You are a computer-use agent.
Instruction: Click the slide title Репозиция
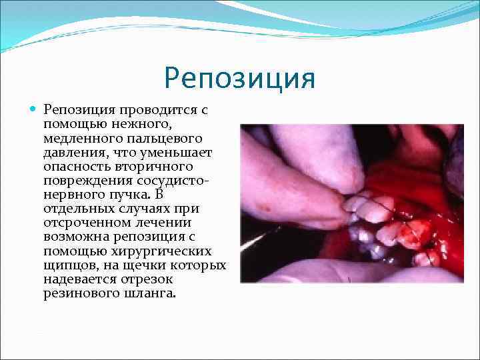coord(239,78)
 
